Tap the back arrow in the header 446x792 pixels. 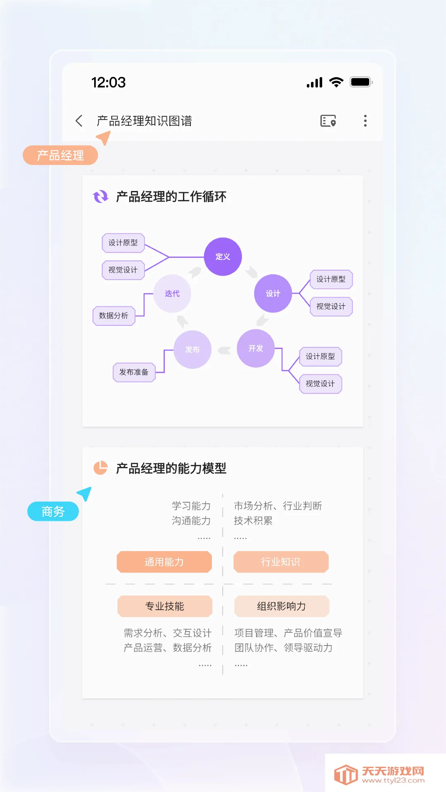pyautogui.click(x=79, y=121)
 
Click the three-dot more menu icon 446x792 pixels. pyautogui.click(x=365, y=121)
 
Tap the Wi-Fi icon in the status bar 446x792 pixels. pyautogui.click(x=337, y=82)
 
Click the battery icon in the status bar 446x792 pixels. pyautogui.click(x=361, y=82)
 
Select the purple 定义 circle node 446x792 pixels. pyautogui.click(x=223, y=257)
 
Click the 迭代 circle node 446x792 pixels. pyautogui.click(x=172, y=294)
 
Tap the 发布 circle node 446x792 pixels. pyautogui.click(x=192, y=349)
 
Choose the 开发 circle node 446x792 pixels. pyautogui.click(x=256, y=349)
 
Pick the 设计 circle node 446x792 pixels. pyautogui.click(x=273, y=294)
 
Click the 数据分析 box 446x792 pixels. pyautogui.click(x=114, y=316)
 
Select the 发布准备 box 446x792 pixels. pyautogui.click(x=134, y=372)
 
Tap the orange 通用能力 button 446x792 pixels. pyautogui.click(x=164, y=562)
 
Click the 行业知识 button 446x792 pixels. pyautogui.click(x=281, y=562)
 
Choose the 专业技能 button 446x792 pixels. pyautogui.click(x=165, y=606)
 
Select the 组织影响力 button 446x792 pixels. pyautogui.click(x=281, y=606)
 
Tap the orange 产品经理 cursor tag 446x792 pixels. pyautogui.click(x=60, y=156)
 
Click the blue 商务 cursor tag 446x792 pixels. pyautogui.click(x=53, y=511)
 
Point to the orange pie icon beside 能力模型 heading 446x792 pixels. pyautogui.click(x=100, y=468)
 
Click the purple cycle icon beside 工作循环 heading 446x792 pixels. pyautogui.click(x=100, y=197)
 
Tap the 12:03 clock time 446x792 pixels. pyautogui.click(x=108, y=82)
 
